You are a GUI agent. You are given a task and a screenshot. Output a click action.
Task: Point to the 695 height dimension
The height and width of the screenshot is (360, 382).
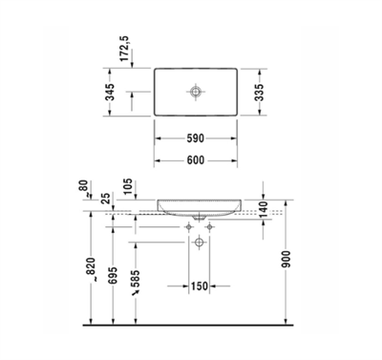click(114, 273)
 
